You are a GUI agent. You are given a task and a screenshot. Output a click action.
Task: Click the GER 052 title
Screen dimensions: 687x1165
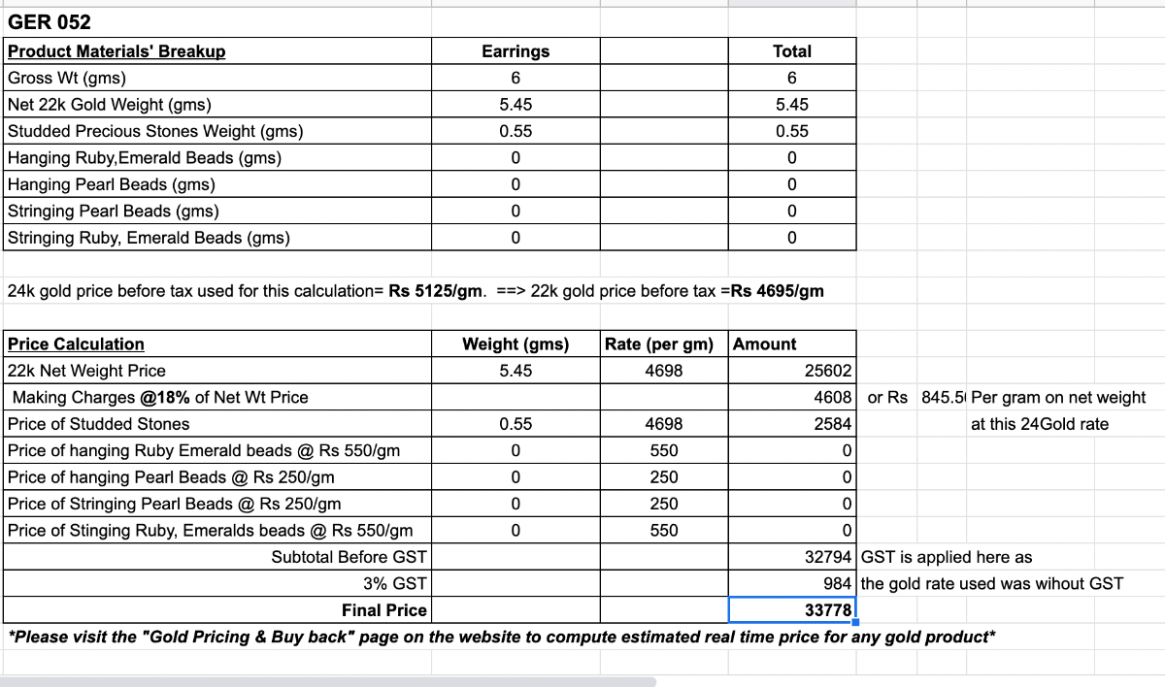pos(50,22)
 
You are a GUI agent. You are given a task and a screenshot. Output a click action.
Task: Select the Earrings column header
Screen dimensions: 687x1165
pos(516,51)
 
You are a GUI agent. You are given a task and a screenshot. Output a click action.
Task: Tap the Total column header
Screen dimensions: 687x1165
pos(792,51)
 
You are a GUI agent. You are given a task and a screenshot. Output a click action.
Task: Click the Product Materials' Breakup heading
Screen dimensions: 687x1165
pos(116,51)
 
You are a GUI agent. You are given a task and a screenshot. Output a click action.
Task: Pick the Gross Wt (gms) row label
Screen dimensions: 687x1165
pos(67,79)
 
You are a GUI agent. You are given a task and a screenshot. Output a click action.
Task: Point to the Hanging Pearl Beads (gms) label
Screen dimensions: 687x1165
pos(112,184)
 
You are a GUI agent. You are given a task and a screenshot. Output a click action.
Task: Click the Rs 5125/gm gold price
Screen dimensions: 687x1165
pos(435,291)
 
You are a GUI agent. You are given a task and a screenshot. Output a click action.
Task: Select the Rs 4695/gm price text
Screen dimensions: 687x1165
pos(778,291)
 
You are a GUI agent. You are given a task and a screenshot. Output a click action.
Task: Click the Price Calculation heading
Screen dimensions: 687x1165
pos(76,344)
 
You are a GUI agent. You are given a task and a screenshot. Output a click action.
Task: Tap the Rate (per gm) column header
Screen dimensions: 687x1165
pos(659,344)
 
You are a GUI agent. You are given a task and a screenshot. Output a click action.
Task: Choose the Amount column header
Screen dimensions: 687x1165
pos(765,344)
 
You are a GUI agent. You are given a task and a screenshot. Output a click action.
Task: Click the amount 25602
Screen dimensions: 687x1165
pos(828,371)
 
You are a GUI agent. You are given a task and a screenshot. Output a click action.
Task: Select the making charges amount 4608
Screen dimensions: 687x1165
pos(833,397)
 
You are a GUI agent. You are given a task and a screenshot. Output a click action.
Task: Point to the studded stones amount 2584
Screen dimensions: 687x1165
pos(833,424)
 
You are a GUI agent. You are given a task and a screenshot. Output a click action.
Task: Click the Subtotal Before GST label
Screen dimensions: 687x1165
pos(349,557)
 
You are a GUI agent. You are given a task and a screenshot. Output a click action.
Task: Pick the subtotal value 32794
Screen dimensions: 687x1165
pos(828,557)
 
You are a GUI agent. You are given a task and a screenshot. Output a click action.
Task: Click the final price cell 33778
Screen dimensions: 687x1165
pos(828,609)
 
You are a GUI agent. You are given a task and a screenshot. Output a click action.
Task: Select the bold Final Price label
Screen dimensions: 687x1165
pos(383,610)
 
